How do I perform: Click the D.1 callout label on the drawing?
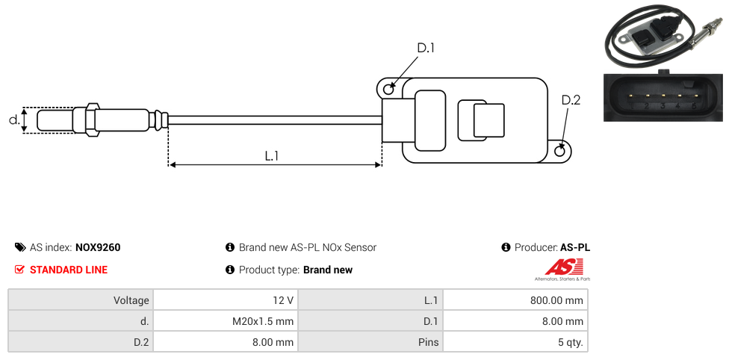pos(426,49)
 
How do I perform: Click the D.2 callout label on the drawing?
pos(571,100)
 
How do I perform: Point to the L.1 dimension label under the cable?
pos(272,156)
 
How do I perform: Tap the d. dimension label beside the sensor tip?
pos(13,120)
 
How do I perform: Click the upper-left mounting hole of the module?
pos(388,90)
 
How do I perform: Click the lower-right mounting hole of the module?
pos(561,152)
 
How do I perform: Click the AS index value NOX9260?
pos(98,247)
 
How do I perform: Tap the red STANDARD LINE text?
pos(69,270)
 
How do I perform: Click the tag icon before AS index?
pos(20,247)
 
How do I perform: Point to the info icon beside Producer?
pos(506,247)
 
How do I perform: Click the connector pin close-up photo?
pos(663,97)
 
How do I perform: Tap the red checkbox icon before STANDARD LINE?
pos(20,270)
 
